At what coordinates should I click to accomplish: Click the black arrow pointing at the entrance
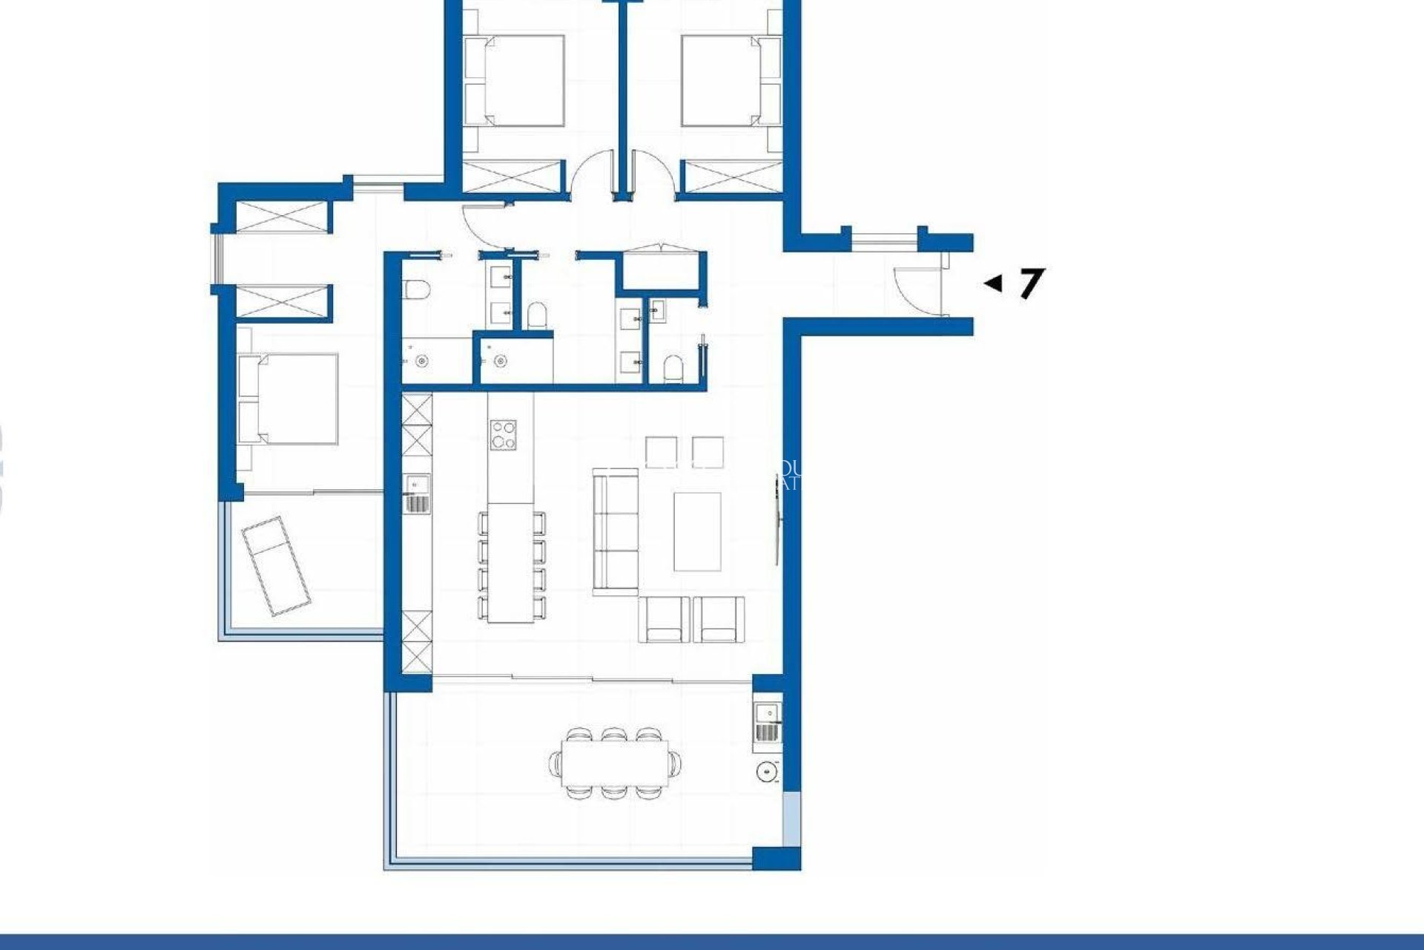click(992, 283)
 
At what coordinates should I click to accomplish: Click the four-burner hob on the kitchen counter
click(504, 434)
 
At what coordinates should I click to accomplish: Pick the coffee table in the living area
click(697, 531)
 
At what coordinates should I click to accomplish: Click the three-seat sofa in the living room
click(615, 531)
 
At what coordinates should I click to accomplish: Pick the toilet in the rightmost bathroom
click(673, 367)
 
